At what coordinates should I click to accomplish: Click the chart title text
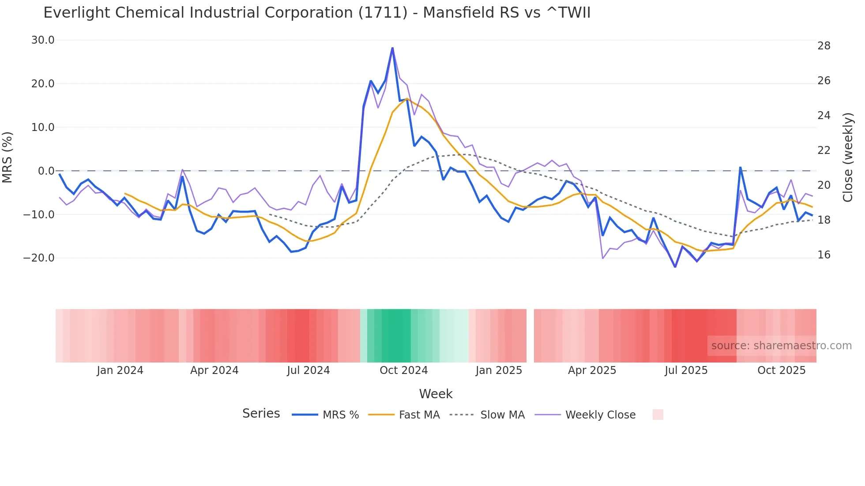tap(316, 13)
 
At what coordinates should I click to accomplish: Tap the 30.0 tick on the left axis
tap(43, 40)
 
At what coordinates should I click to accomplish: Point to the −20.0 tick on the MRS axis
tap(39, 258)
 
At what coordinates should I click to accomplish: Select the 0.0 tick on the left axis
tap(46, 171)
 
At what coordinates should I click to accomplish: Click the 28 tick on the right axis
tap(824, 46)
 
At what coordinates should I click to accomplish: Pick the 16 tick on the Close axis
tap(824, 255)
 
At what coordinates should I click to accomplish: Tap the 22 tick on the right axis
tap(824, 150)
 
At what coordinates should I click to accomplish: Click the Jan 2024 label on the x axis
tap(120, 370)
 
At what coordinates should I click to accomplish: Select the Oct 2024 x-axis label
tap(403, 370)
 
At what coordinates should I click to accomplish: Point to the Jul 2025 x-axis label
tap(686, 370)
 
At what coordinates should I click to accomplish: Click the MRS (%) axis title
tap(8, 157)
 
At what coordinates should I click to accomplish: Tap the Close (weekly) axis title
tap(847, 157)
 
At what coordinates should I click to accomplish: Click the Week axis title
tap(436, 394)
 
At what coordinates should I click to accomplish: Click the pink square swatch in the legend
tap(658, 415)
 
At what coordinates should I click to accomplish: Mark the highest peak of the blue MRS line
tap(392, 48)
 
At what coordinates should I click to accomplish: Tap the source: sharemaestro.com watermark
tap(781, 346)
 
